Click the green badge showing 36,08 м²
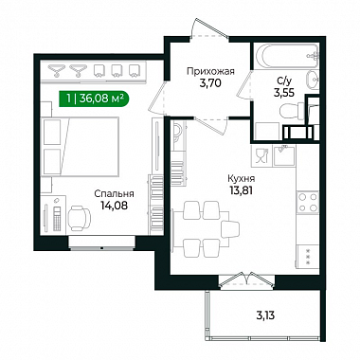pos(94,99)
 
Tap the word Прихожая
pos(210,71)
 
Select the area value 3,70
pos(210,83)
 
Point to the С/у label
pos(283,81)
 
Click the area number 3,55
pos(284,93)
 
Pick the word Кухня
pos(242,179)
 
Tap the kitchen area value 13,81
pos(242,190)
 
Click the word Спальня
pos(115,193)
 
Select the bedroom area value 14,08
pos(115,206)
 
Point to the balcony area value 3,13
pos(265,315)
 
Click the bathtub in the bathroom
pos(286,56)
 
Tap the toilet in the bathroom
pos(292,111)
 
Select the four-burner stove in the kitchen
pos(308,203)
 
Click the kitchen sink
pos(284,155)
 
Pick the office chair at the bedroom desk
pos(79,218)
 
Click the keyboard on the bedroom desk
pos(57,219)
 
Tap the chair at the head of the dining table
pos(231,229)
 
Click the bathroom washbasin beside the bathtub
pos(313,81)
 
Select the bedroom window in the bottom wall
pos(101,243)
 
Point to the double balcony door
pos(246,280)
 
